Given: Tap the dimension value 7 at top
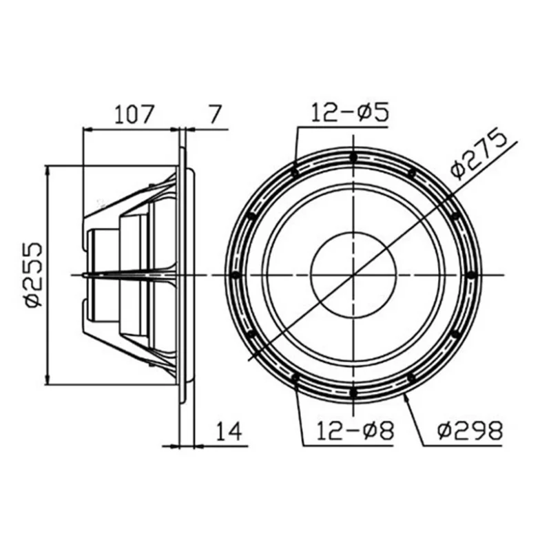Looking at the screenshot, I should [216, 113].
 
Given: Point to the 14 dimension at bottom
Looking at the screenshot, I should [229, 431].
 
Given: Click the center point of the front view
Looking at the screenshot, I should [353, 275].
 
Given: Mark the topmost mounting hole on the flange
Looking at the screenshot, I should [353, 157].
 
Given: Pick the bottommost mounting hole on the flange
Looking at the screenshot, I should [353, 393].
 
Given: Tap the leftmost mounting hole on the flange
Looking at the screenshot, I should [236, 275].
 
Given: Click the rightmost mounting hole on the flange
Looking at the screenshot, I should [470, 275].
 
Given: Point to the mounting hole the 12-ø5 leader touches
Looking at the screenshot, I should [295, 172].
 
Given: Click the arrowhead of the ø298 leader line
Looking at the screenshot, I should [406, 397].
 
